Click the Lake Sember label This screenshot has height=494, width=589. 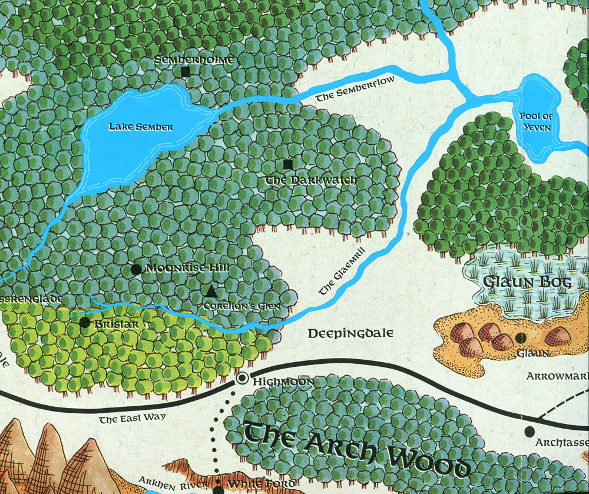tap(141, 127)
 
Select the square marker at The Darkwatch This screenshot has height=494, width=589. tap(287, 164)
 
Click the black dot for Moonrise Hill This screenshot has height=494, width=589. tap(135, 269)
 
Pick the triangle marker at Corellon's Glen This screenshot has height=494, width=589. tap(211, 291)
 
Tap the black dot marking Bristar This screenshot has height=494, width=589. tap(85, 323)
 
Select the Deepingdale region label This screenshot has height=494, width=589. tap(350, 334)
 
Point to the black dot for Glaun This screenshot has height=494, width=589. tap(521, 337)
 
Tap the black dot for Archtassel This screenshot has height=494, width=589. tap(530, 432)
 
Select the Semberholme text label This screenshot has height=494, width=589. tap(194, 60)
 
